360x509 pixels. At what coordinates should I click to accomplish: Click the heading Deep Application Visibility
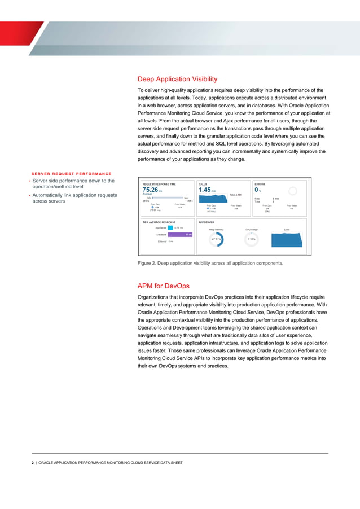[177, 79]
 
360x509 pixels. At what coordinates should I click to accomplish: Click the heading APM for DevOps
[164, 286]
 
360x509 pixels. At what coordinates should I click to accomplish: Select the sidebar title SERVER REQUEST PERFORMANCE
[71, 173]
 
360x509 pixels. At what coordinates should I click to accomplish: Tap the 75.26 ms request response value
[151, 190]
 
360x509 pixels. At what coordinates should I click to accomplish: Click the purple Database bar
[180, 234]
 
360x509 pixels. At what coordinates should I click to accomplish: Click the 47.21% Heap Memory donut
[216, 239]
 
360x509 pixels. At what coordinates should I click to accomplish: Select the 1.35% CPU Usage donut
[252, 239]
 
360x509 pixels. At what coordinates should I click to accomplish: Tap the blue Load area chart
[288, 238]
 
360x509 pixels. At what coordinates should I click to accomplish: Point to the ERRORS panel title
[261, 184]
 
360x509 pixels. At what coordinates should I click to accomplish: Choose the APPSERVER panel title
[207, 222]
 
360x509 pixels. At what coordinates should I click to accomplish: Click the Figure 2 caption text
[210, 263]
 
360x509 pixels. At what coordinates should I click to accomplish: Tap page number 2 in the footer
[33, 463]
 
